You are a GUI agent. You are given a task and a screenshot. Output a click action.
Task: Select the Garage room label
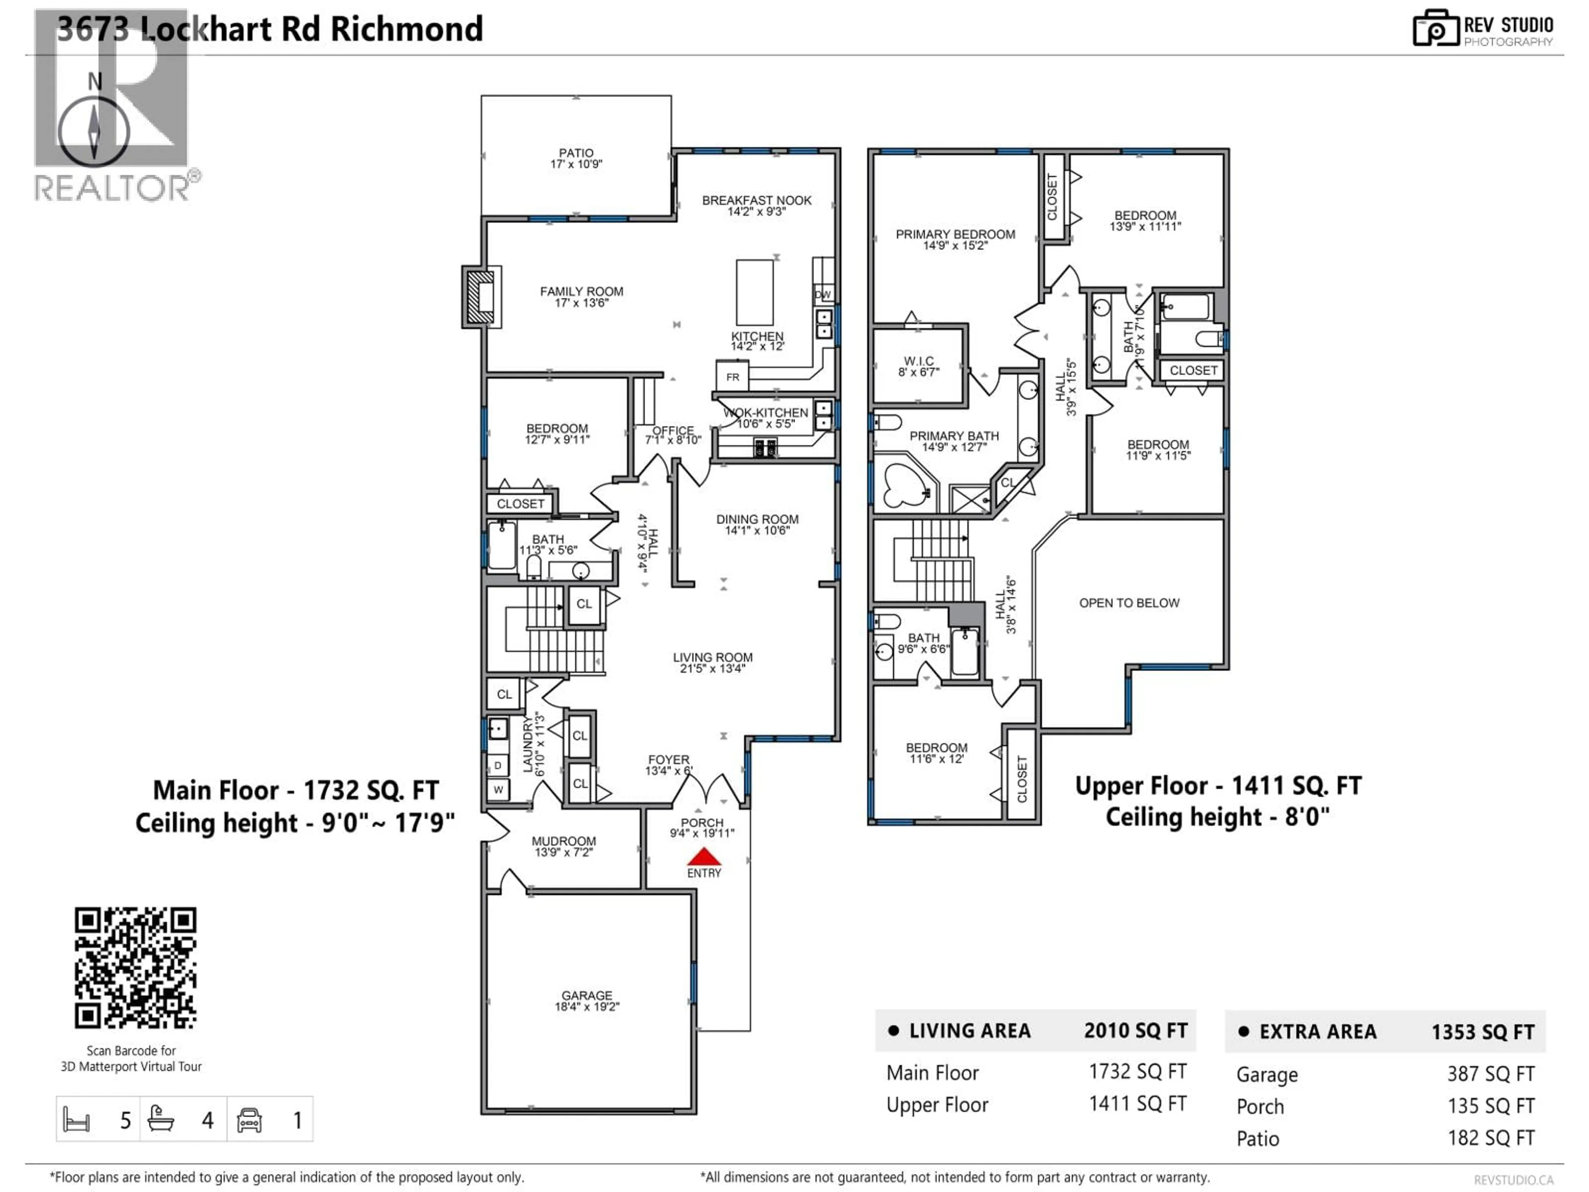pos(587,1000)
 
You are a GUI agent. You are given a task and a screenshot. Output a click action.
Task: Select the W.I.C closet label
pos(918,366)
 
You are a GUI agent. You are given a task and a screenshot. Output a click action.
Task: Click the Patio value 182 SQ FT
pos(1491,1138)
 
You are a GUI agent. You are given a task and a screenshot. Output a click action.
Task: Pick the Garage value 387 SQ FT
pos(1491,1074)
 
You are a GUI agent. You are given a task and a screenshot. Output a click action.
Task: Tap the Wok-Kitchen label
pos(766,418)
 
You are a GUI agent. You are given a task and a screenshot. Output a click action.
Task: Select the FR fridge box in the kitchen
pos(732,377)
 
